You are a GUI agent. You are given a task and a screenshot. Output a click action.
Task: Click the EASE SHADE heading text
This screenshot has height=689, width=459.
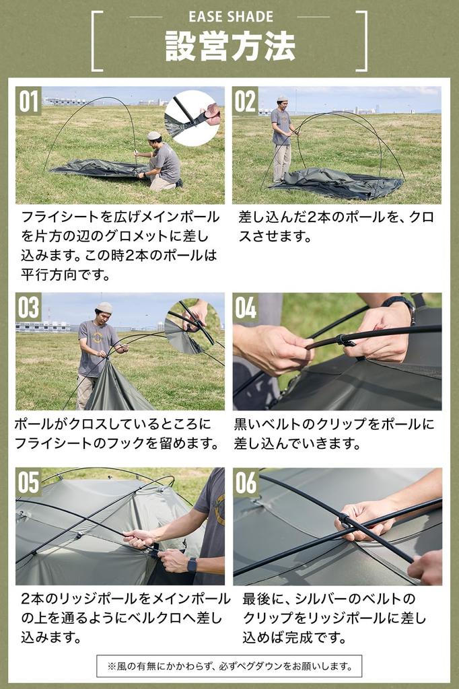(230, 17)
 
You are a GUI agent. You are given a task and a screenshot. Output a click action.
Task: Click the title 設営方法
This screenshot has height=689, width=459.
(230, 46)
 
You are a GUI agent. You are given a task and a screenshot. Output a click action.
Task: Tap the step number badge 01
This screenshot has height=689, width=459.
(29, 101)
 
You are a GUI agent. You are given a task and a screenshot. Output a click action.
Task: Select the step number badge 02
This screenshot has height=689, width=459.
(246, 101)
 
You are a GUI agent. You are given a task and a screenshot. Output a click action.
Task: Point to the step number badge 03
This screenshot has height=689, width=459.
(29, 307)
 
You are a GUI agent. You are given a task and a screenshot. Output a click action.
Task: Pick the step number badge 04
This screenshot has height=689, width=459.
(246, 307)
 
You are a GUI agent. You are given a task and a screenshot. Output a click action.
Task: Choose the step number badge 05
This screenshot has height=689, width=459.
(29, 482)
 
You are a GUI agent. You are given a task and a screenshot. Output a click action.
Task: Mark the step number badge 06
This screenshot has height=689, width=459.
(246, 482)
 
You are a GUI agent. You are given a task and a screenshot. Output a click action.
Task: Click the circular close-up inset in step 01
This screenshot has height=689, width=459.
(193, 118)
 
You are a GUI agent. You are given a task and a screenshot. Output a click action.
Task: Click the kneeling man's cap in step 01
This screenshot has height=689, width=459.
(154, 135)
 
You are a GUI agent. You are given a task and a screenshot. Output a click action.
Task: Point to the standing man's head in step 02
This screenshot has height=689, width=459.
(282, 102)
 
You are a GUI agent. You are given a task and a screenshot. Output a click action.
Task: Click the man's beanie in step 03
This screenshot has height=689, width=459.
(104, 307)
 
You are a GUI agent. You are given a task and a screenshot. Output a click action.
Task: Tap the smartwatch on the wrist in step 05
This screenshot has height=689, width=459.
(192, 564)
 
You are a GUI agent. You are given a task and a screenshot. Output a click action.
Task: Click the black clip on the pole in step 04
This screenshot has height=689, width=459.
(345, 341)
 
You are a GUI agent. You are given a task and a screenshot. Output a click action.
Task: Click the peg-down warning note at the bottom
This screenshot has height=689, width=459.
(229, 666)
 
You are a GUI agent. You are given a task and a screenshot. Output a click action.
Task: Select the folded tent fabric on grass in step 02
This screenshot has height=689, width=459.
(337, 183)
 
